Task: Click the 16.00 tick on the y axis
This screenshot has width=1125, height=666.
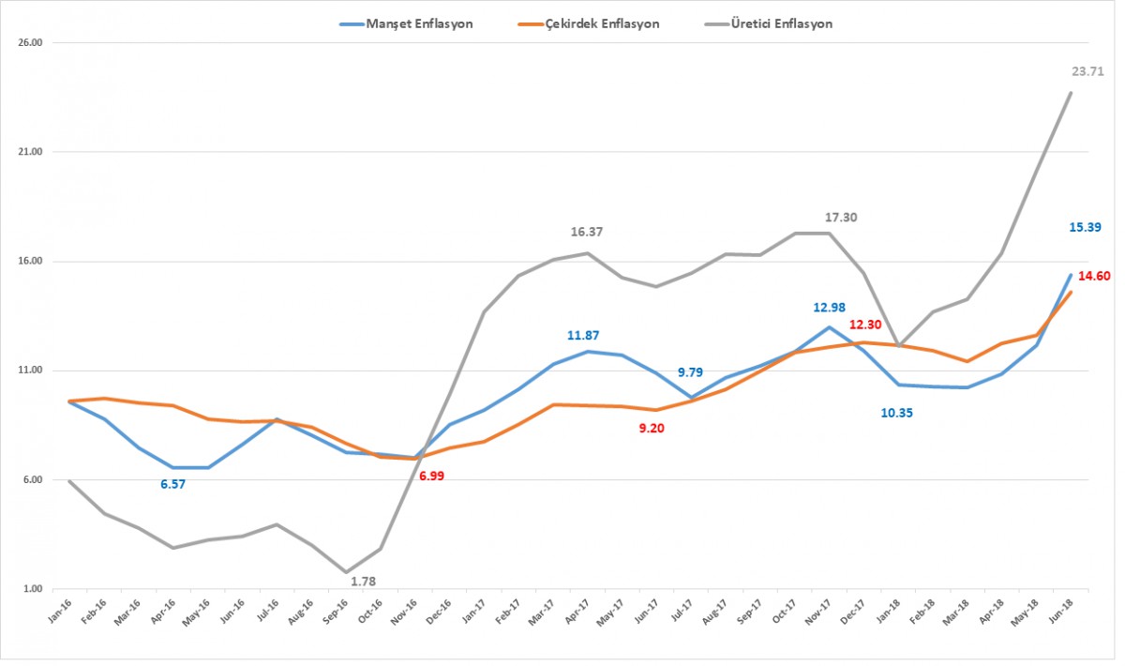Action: click(31, 262)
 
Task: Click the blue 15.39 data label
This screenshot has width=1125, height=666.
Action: click(1085, 227)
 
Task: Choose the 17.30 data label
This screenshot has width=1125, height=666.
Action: click(842, 217)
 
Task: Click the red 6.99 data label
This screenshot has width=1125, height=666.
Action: click(432, 477)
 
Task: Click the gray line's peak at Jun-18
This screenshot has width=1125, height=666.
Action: click(1071, 92)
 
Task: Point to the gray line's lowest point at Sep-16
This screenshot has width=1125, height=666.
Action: click(346, 572)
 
